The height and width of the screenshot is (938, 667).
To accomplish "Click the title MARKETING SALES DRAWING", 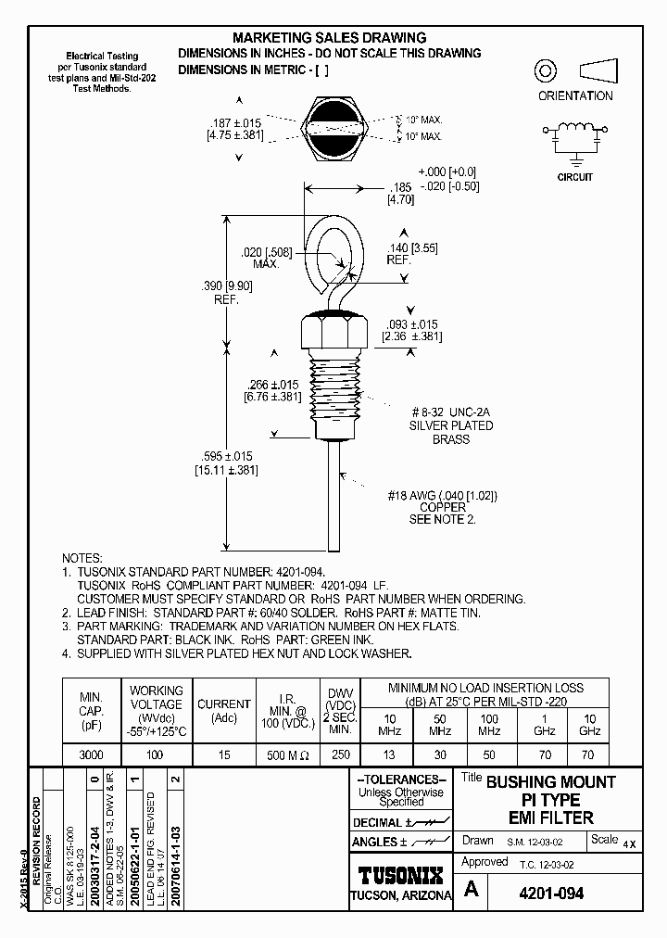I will pyautogui.click(x=329, y=38).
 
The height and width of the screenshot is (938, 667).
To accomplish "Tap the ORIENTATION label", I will pyautogui.click(x=575, y=95).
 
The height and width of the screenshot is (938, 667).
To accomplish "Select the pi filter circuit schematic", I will pyautogui.click(x=575, y=137).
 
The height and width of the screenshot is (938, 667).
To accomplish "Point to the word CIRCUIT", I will pyautogui.click(x=575, y=176).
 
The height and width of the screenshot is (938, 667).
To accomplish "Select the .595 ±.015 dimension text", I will pyautogui.click(x=223, y=455).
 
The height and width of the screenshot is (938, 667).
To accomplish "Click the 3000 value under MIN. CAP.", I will pyautogui.click(x=91, y=755).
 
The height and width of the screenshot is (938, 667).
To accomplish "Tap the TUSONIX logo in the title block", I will pyautogui.click(x=400, y=874).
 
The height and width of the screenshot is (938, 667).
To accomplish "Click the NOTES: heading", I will pyautogui.click(x=81, y=559).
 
